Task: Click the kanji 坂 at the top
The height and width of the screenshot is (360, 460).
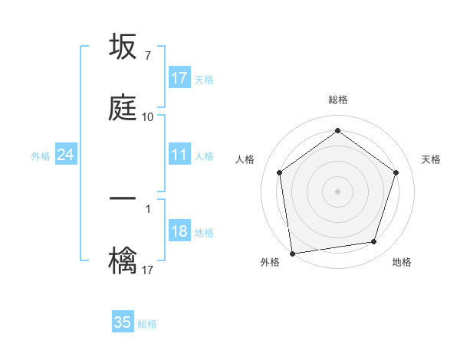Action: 123,47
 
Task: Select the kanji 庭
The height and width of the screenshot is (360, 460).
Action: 123,108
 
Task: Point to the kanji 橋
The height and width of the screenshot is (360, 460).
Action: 123,260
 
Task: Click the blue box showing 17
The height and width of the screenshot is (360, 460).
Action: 179,78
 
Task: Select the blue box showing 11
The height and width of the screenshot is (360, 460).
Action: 179,155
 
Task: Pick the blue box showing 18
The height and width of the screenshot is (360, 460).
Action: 179,231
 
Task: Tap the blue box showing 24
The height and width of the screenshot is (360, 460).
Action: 65,155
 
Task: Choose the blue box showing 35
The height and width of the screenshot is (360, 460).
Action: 123,322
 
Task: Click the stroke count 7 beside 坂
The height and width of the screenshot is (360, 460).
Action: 147,56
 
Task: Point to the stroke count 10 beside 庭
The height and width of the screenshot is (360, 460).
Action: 147,117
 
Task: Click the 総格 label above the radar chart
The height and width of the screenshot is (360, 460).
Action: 338,100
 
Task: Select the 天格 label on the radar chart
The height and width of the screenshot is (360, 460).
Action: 431,159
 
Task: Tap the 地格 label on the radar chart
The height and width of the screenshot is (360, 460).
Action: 402,263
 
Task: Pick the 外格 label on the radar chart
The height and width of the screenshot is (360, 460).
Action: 270,263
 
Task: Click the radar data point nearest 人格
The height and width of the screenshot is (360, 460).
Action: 279,172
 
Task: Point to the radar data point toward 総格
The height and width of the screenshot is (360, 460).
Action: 337,132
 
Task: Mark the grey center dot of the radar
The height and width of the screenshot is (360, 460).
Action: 337,191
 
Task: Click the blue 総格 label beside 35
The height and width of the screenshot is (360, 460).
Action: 147,324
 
